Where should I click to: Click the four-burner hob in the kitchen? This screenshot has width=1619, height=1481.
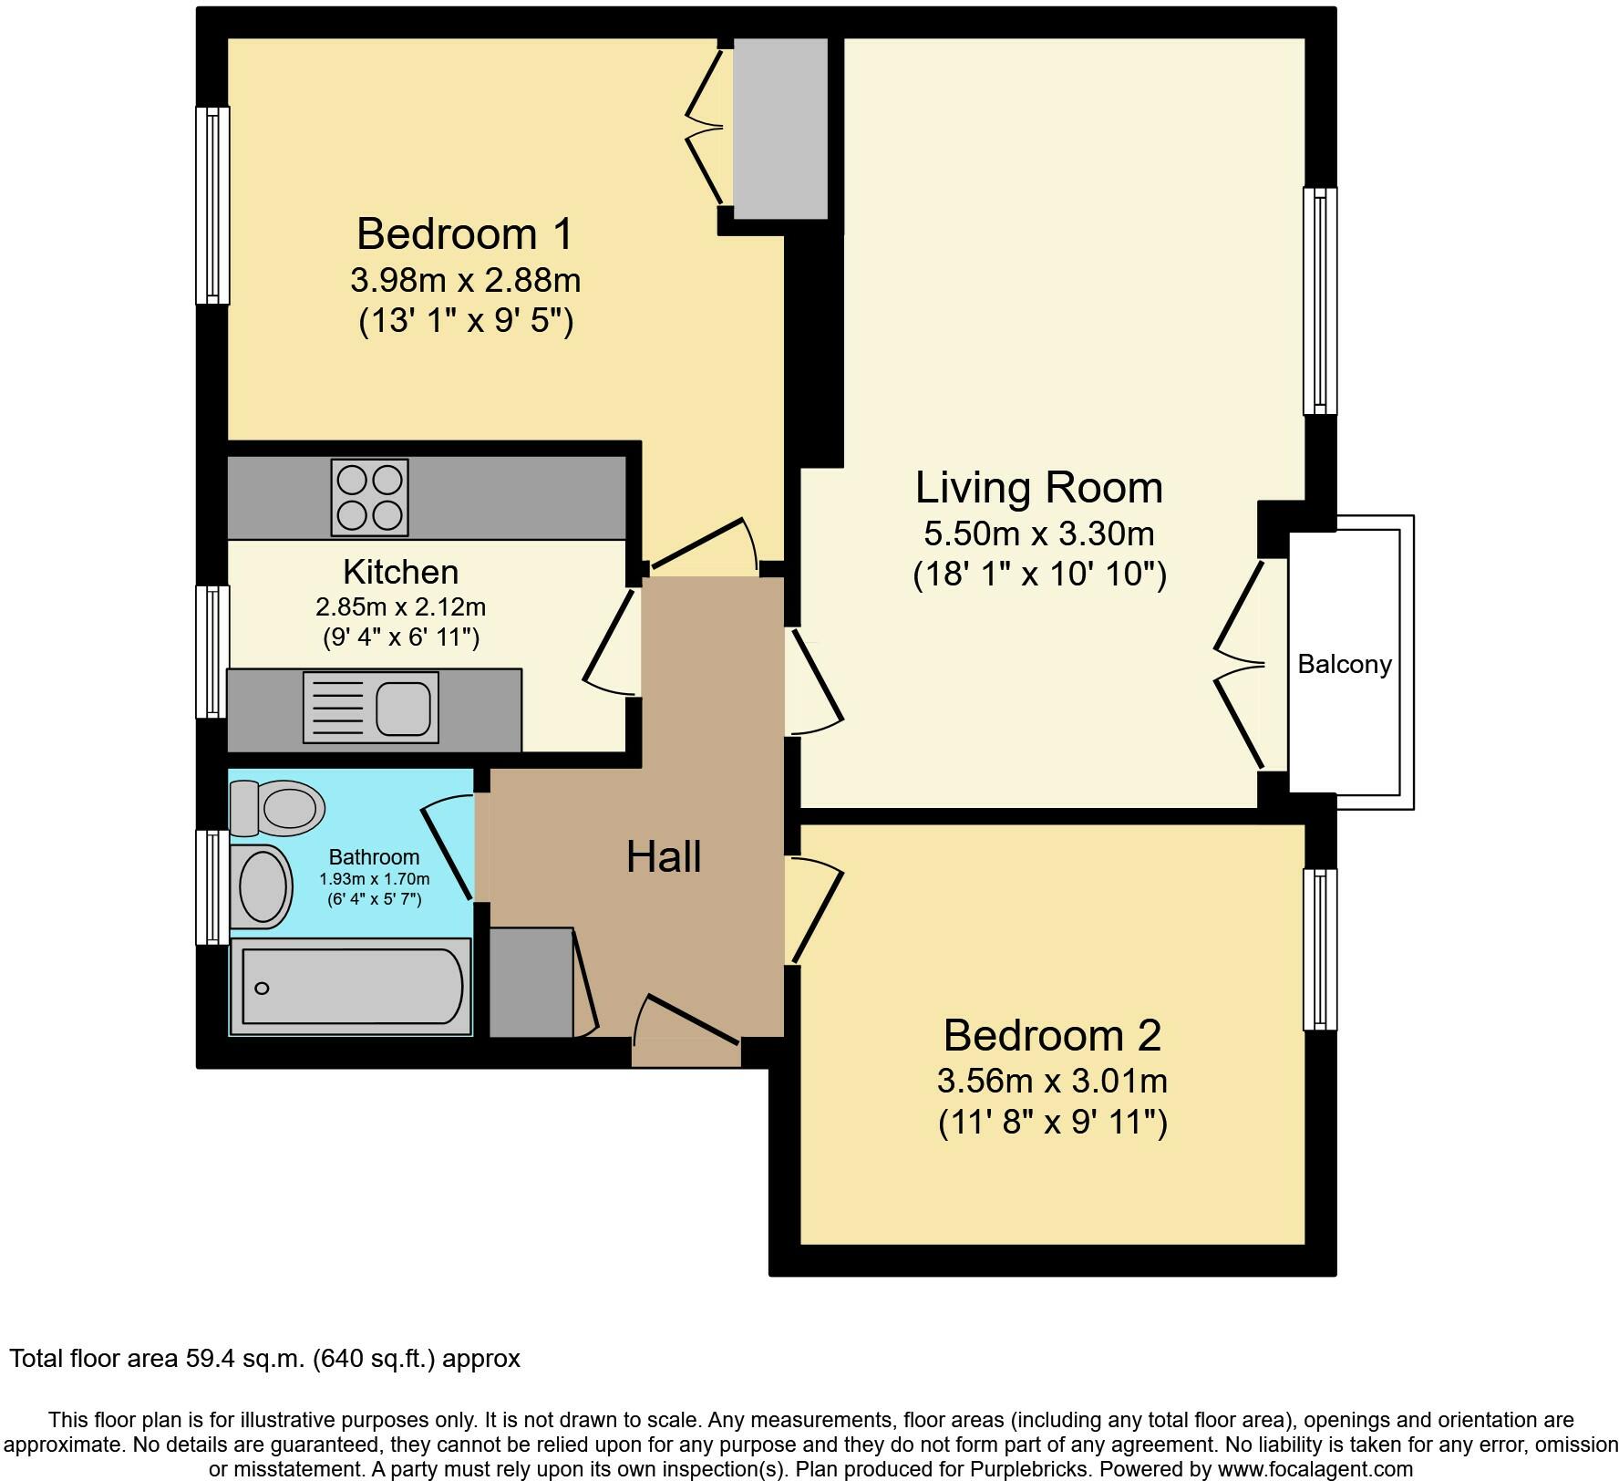369,497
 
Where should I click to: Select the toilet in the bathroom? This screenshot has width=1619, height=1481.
276,807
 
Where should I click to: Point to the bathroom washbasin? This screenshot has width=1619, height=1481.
263,885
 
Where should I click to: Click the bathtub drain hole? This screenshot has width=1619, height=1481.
263,989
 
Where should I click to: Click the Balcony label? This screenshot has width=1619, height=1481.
1345,664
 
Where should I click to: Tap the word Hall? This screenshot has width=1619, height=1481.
664,857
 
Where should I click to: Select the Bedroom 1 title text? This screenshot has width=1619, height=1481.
465,233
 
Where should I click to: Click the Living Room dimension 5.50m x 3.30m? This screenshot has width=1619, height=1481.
1039,533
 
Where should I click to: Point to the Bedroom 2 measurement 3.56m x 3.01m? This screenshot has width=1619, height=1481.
1052,1081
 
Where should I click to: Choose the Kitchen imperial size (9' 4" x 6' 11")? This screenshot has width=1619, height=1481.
401,637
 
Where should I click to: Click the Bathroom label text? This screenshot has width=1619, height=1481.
374,857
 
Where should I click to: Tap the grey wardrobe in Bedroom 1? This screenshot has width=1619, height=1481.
780,129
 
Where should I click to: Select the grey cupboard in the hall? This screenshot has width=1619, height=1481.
531,982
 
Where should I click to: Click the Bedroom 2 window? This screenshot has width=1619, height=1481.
1320,949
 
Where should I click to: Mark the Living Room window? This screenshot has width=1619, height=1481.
1320,301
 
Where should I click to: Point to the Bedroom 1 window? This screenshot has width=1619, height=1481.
213,205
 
